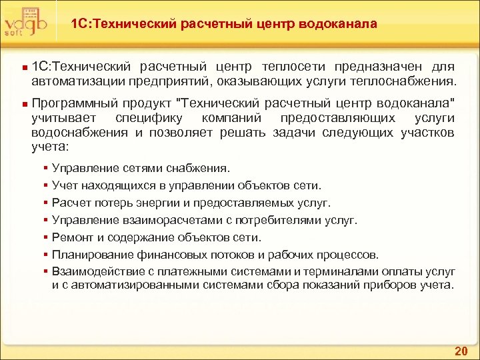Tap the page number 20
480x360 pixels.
click(461, 351)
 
